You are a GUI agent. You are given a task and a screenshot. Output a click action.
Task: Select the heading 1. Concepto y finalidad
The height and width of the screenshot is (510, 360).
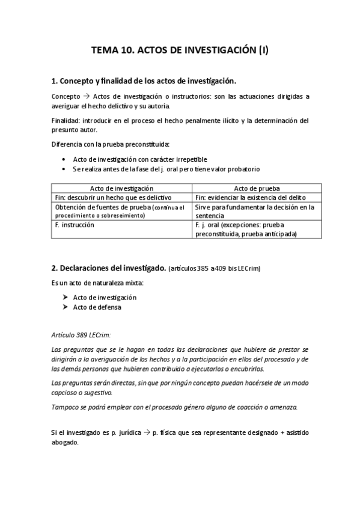[144, 81]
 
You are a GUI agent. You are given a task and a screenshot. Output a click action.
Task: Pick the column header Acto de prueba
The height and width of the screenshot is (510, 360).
[252, 188]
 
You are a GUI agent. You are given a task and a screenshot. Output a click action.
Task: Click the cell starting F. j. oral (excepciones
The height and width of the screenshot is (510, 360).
[251, 229]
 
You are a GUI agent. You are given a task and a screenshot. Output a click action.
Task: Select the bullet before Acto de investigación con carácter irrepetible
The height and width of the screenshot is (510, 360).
[64, 159]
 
